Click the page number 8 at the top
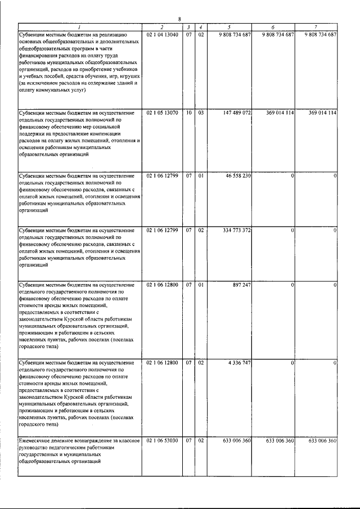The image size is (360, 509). click(179, 20)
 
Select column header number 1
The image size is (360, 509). click(79, 27)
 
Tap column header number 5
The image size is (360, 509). click(229, 27)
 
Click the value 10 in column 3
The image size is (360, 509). click(189, 113)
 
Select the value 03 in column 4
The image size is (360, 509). click(200, 113)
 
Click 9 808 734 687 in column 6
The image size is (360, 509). click(273, 35)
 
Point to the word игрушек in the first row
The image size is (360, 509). click(130, 75)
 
